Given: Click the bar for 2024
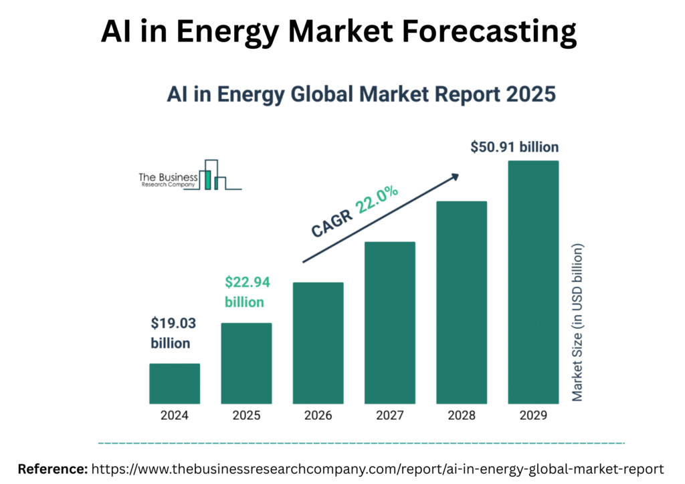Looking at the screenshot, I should click(x=175, y=384).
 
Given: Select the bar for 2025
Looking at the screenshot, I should click(x=246, y=364).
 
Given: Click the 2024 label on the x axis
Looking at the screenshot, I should click(x=175, y=415).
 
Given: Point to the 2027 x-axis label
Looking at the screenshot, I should click(x=390, y=415).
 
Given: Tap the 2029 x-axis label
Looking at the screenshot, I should click(x=533, y=415).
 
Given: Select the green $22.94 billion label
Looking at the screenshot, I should click(x=247, y=291).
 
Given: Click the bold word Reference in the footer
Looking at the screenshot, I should click(x=52, y=469).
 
